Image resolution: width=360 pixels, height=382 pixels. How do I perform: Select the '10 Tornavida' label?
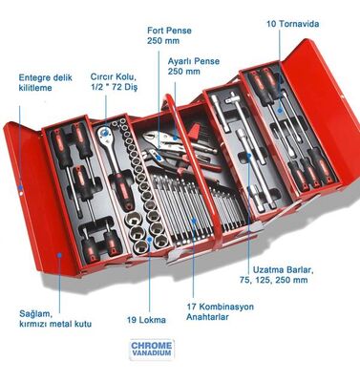coord(292,23)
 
